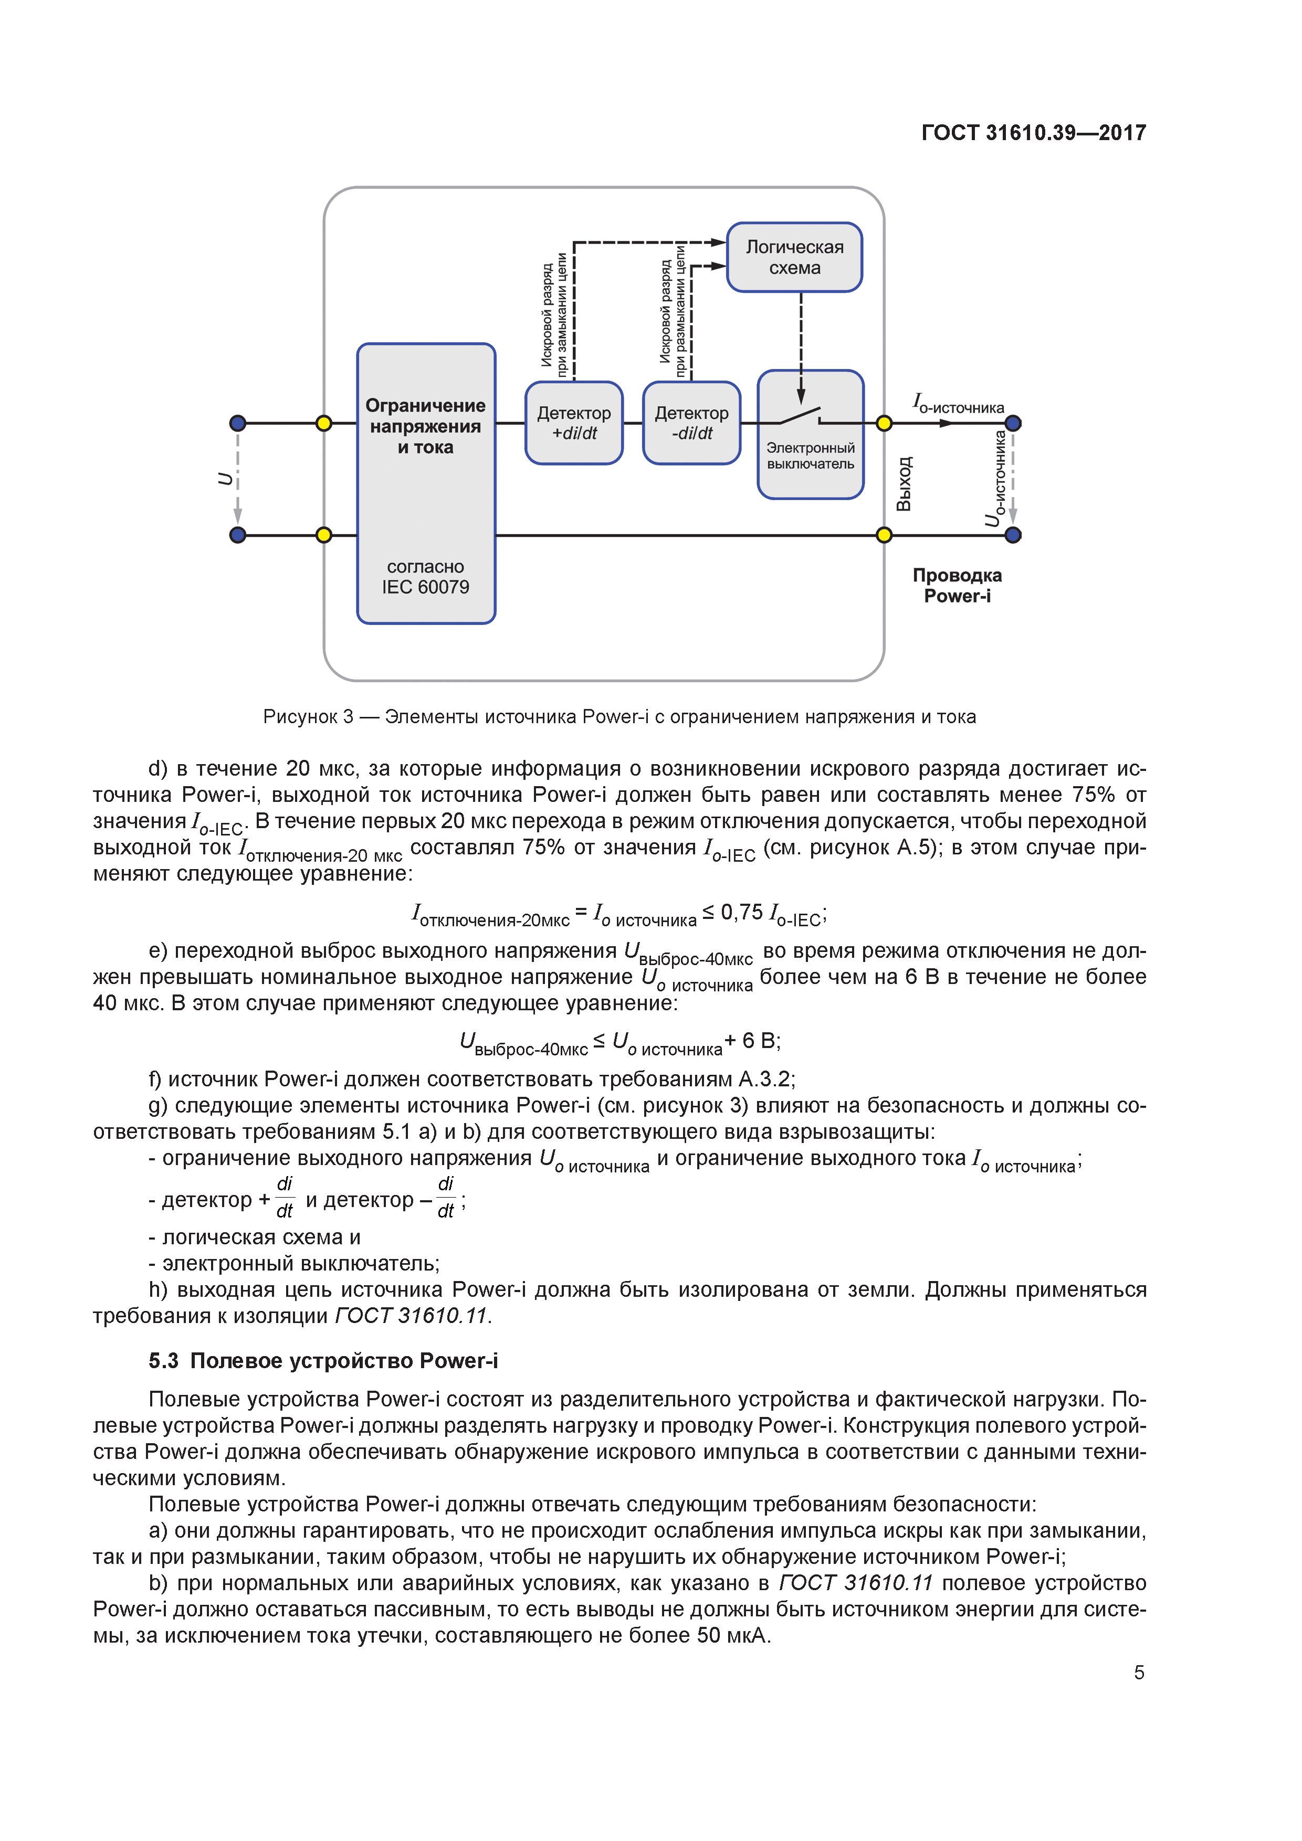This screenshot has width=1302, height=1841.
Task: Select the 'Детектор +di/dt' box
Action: (x=574, y=422)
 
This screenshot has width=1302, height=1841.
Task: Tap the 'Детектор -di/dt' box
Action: (x=691, y=422)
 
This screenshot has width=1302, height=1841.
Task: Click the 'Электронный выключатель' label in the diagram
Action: (x=810, y=456)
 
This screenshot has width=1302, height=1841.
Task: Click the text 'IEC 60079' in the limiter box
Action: (x=425, y=587)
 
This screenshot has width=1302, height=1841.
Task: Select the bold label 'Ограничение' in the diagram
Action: (x=425, y=406)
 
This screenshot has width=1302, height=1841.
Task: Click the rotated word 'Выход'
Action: (x=904, y=484)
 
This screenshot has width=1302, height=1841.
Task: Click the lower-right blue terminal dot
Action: (x=1013, y=535)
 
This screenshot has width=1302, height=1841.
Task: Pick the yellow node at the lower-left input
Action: (x=323, y=535)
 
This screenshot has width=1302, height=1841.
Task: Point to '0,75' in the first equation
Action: (x=741, y=913)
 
